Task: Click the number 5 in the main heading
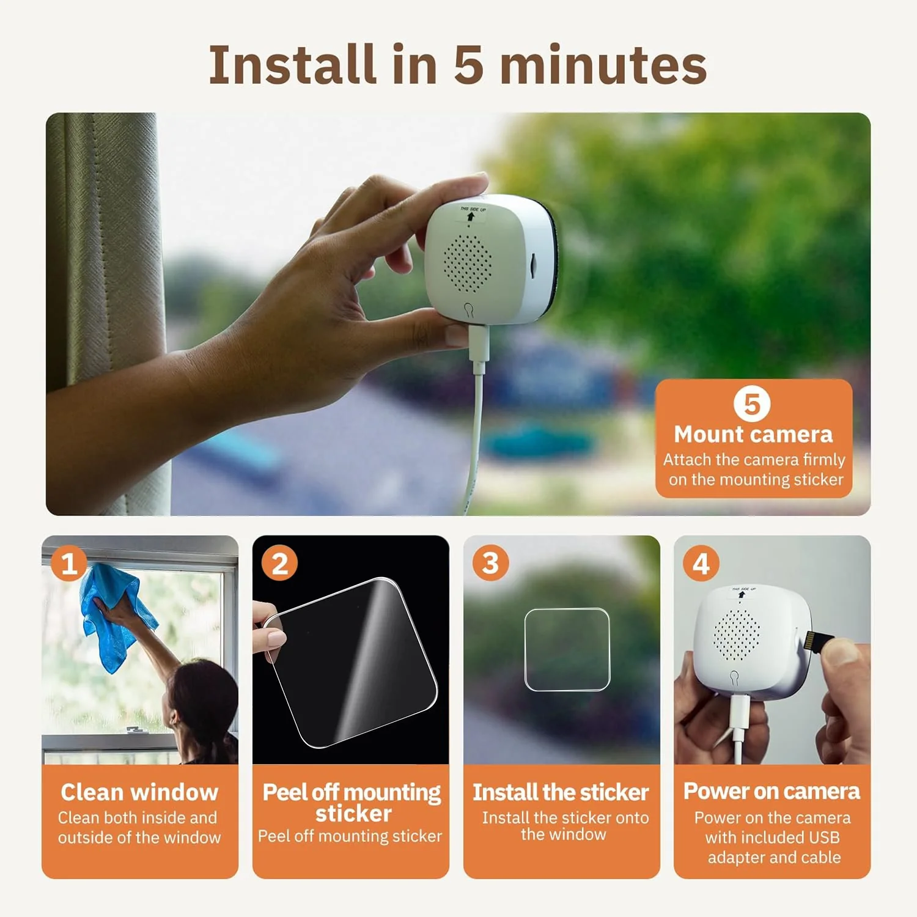469,65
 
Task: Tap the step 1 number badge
68,563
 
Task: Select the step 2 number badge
279,563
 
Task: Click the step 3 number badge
490,563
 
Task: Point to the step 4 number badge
701,563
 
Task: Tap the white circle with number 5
752,404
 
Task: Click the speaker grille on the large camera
468,262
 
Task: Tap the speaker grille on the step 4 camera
737,634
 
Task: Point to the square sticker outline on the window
567,649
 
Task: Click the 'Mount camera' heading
753,434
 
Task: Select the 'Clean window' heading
139,792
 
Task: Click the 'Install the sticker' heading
561,792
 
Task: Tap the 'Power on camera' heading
772,791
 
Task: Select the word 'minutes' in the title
604,65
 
